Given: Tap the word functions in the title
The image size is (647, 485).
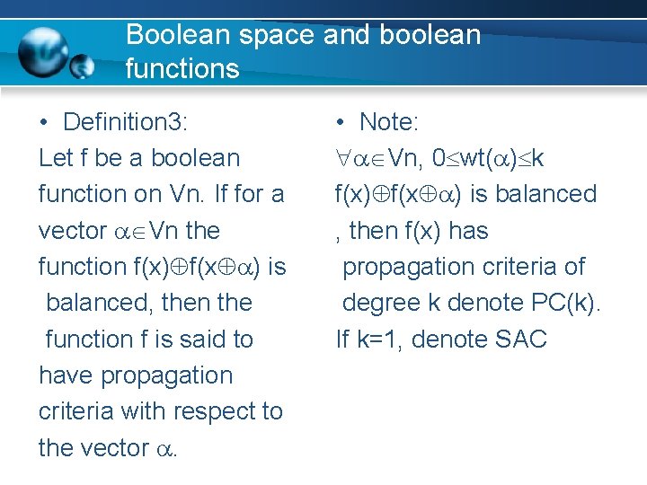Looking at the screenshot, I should point(182,68).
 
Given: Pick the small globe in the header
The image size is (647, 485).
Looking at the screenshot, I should point(83,66).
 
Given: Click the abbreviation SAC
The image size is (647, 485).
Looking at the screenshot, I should point(521,339).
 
